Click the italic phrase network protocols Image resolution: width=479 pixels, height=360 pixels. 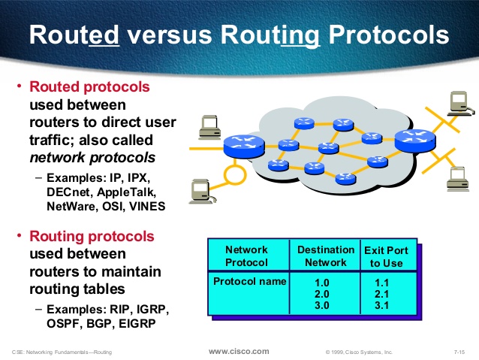[x=92, y=158]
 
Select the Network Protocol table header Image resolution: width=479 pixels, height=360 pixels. [x=246, y=256]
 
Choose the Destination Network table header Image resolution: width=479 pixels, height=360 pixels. [x=325, y=256]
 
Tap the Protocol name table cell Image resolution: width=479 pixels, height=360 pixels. [x=249, y=281]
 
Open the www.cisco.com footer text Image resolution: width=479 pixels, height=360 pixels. [x=238, y=351]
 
